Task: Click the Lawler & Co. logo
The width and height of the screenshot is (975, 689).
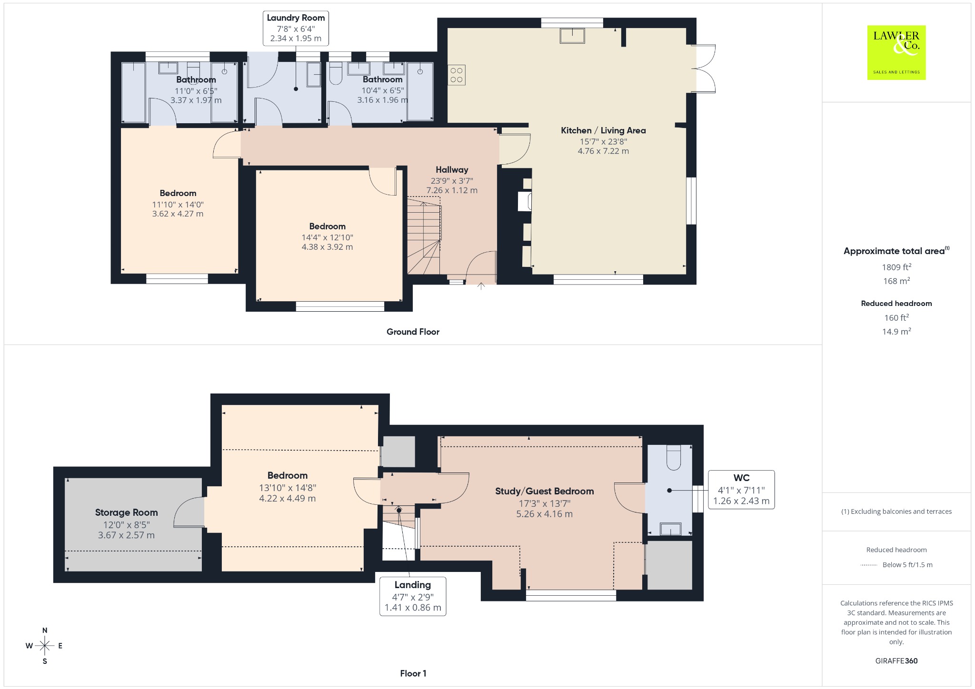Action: coord(896,52)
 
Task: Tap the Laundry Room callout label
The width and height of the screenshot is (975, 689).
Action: coord(296,28)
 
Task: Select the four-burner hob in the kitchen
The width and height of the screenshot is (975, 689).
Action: coord(456,75)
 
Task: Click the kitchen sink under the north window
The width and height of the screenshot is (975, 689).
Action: coord(572,36)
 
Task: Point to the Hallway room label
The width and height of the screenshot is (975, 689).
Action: coord(452,170)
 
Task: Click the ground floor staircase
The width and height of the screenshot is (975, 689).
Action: coord(424,238)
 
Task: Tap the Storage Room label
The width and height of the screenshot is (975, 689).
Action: coord(126,512)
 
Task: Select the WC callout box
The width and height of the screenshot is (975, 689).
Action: coord(741,490)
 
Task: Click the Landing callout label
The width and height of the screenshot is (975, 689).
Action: coord(413,596)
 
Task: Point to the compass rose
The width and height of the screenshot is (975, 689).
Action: coord(45,646)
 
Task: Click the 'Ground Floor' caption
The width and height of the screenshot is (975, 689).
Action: coord(413,332)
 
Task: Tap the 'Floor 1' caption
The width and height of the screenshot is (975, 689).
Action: coord(413,673)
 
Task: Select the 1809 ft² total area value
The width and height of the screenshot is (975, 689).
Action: coord(896,267)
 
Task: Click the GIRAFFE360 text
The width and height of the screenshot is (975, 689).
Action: coord(896,661)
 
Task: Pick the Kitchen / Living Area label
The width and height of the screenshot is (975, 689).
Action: coord(603,130)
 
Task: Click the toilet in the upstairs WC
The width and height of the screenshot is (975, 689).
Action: coord(674,457)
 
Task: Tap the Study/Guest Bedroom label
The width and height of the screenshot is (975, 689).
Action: coord(544,491)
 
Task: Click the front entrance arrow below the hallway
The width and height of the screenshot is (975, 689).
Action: coord(481,286)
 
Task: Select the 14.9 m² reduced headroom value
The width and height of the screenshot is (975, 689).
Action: coord(896,331)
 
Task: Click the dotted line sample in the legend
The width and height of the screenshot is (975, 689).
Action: coord(869,565)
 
